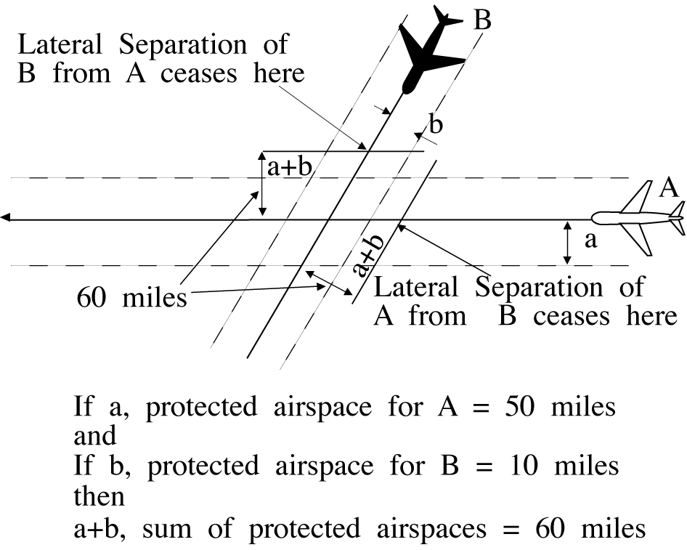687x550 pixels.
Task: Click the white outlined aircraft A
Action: point(639,217)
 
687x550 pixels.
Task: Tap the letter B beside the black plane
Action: point(482,20)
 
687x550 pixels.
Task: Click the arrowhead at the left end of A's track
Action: point(6,217)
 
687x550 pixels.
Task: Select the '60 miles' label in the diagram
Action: point(131,297)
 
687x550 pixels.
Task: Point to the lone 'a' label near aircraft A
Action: point(591,240)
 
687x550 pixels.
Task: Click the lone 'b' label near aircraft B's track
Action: point(435,125)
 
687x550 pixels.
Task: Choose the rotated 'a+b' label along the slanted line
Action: point(367,256)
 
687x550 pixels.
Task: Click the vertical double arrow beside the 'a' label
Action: point(567,243)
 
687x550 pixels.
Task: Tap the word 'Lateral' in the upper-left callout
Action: point(57,44)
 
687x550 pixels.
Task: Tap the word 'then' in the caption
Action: point(99,497)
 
